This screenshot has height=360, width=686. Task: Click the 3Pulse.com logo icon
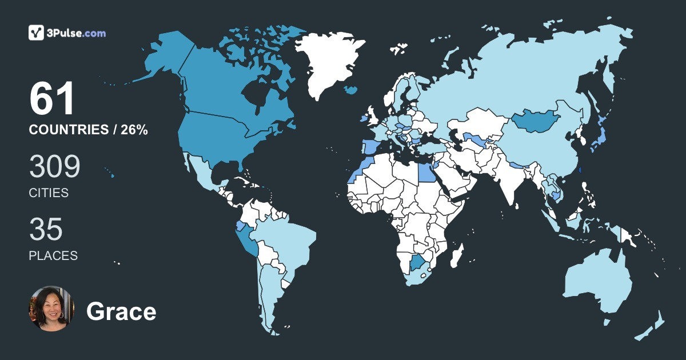37,33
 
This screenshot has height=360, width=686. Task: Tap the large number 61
52,99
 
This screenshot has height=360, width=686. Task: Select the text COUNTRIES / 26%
88,130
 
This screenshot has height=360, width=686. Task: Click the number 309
54,167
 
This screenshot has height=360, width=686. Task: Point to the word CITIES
49,193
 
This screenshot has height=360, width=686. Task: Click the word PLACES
53,255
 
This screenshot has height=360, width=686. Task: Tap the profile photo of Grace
51,309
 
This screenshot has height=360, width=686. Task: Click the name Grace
121,312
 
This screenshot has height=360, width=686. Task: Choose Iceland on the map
352,90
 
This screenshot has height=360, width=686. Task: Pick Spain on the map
369,146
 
